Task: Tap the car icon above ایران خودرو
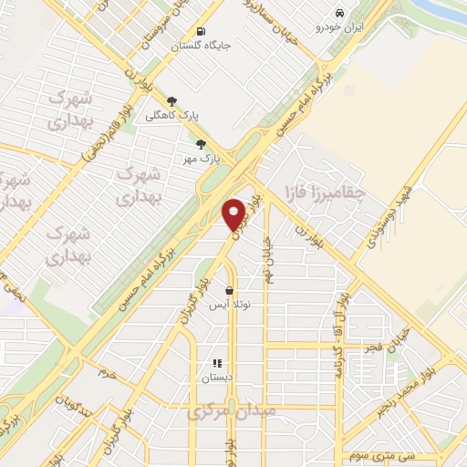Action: pos(339,14)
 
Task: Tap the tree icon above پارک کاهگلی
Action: pos(171,101)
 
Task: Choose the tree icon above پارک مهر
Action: pos(201,144)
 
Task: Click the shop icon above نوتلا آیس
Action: pos(229,291)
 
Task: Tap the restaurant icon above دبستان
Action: pos(217,364)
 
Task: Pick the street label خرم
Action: pos(108,374)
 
